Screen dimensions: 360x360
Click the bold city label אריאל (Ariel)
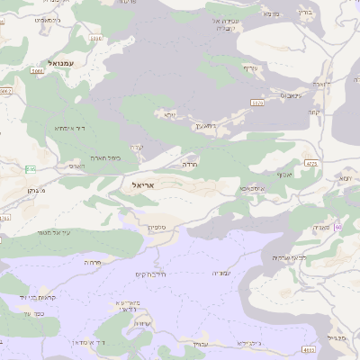(x=143, y=184)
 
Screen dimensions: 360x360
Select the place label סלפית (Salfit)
(x=158, y=229)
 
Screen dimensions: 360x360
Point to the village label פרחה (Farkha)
(x=92, y=262)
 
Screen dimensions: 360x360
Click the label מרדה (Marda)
(x=189, y=165)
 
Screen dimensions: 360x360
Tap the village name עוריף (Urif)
(x=249, y=67)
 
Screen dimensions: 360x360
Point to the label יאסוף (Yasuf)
(x=285, y=174)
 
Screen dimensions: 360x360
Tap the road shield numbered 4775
(x=311, y=163)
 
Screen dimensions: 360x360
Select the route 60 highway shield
(x=338, y=227)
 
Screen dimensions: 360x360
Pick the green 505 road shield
(x=31, y=168)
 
